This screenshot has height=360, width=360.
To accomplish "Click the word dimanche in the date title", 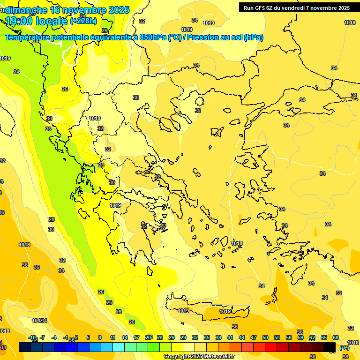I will (26, 10).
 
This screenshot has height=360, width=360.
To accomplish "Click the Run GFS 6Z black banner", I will (296, 8).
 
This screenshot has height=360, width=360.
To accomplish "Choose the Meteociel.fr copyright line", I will (199, 357).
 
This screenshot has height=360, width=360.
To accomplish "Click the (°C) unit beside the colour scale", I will (344, 348).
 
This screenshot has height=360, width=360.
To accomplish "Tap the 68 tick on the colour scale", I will (336, 337).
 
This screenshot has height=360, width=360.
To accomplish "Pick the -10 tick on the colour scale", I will (32, 337).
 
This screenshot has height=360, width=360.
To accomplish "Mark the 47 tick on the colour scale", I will (254, 337).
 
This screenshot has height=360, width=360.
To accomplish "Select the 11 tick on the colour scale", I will (112, 337).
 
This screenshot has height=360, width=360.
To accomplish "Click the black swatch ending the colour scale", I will (330, 347).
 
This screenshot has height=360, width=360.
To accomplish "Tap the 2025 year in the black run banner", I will (342, 8).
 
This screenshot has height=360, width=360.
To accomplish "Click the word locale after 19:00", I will (52, 21).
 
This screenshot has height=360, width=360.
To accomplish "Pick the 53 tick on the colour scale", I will (277, 337).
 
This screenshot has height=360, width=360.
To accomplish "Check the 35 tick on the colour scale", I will (207, 337).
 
